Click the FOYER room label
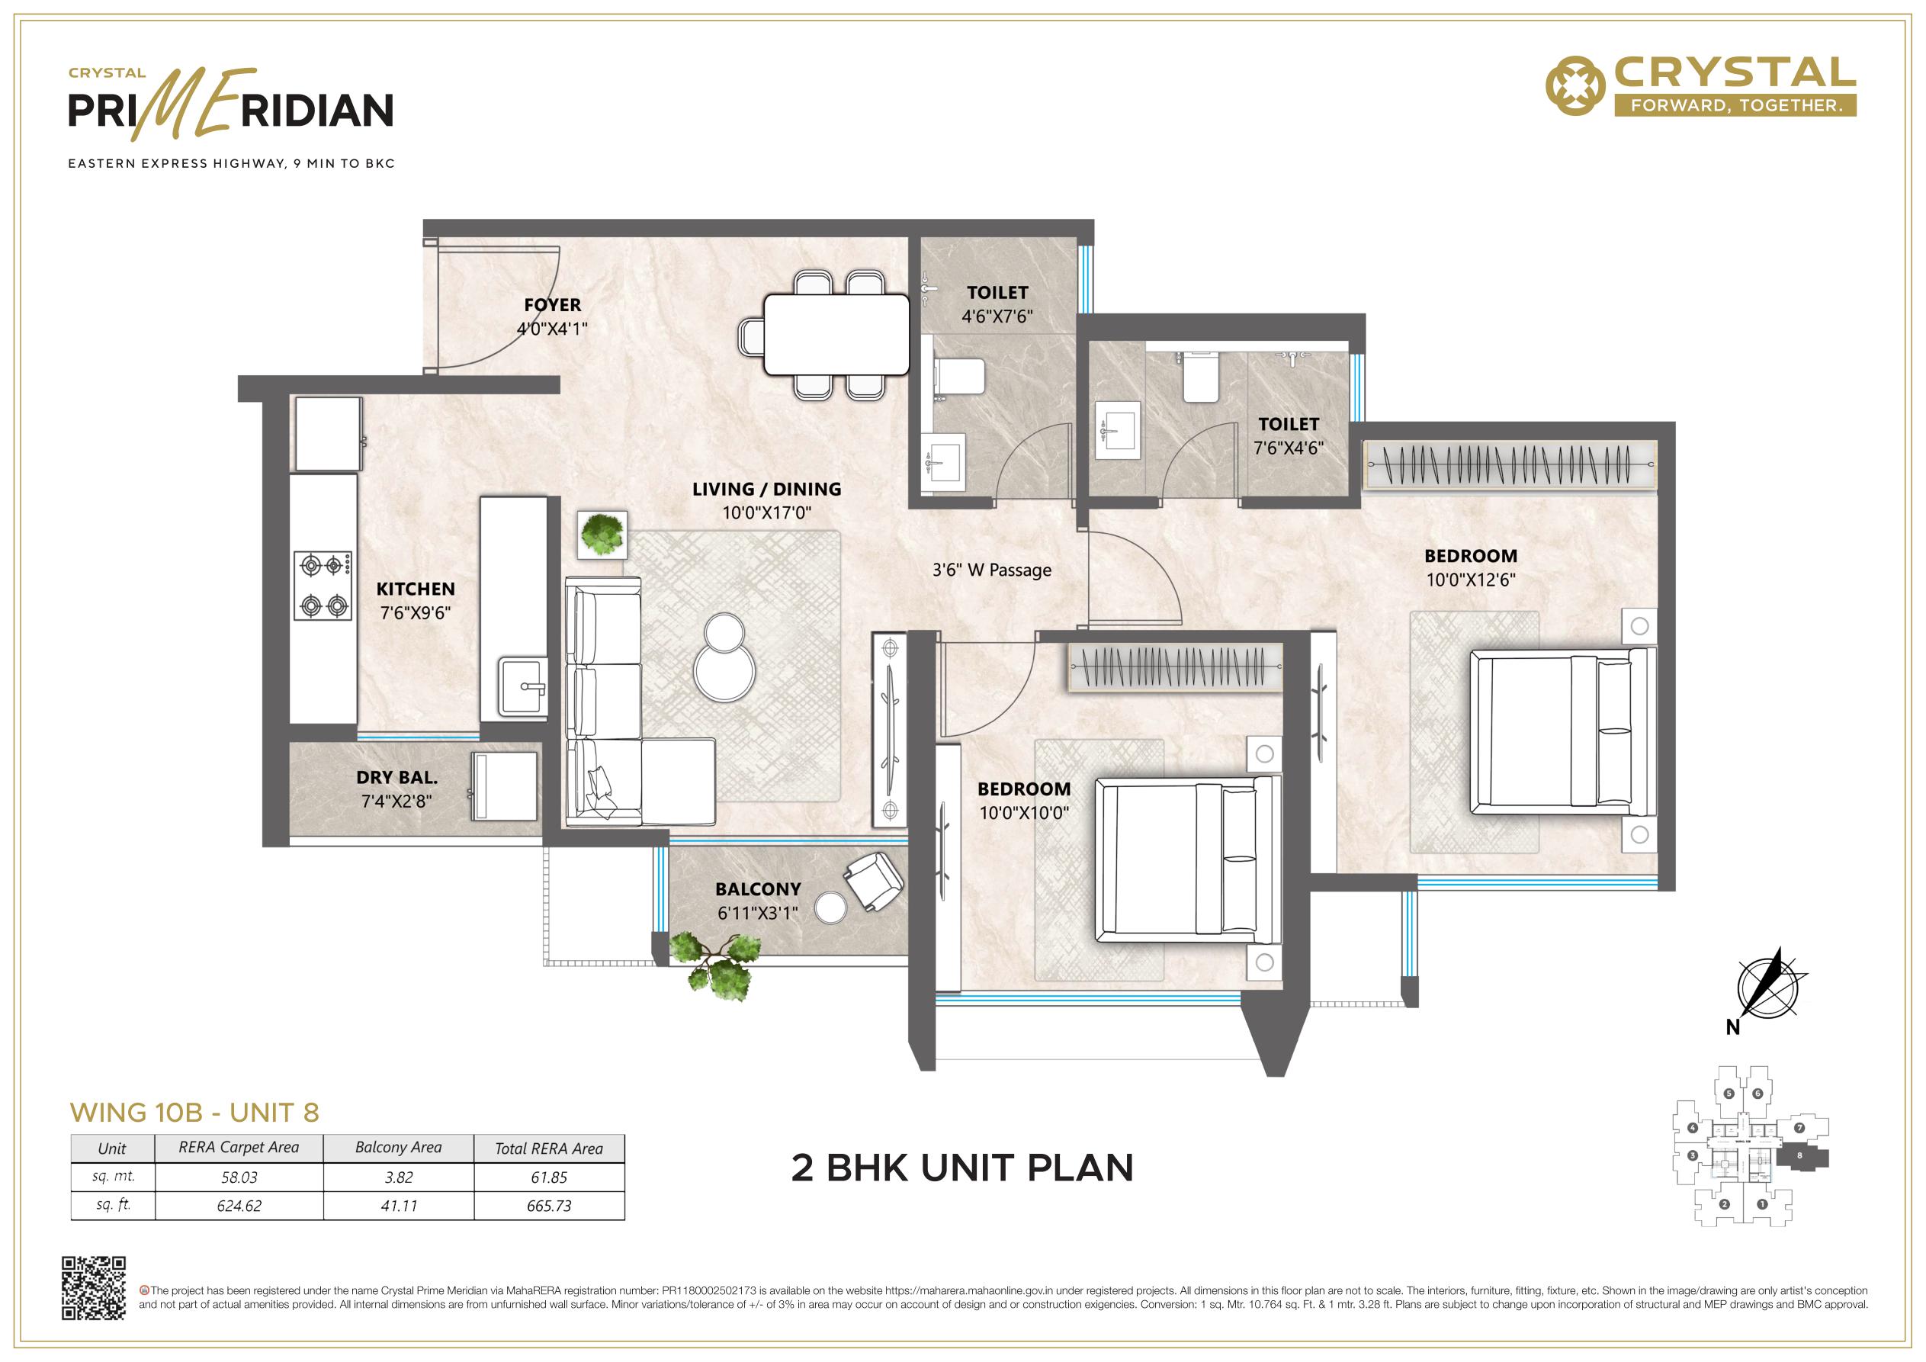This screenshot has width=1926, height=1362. click(x=552, y=304)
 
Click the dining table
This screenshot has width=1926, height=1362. click(x=836, y=334)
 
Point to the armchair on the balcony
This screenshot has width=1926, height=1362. click(x=873, y=880)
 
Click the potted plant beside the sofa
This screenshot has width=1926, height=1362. click(x=602, y=534)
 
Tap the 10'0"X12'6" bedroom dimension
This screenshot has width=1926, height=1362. click(x=1471, y=580)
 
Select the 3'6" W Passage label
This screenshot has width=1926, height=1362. click(x=991, y=570)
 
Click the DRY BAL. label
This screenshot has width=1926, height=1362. click(x=396, y=778)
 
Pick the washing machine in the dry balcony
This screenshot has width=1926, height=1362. click(x=504, y=785)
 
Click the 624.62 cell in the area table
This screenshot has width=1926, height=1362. click(x=239, y=1206)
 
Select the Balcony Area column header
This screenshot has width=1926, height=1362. click(x=399, y=1147)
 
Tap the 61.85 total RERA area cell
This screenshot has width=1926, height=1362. click(x=550, y=1177)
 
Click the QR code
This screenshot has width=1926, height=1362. click(x=94, y=1288)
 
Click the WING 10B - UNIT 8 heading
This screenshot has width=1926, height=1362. click(x=194, y=1113)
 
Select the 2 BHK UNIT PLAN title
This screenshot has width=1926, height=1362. click(x=962, y=1168)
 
